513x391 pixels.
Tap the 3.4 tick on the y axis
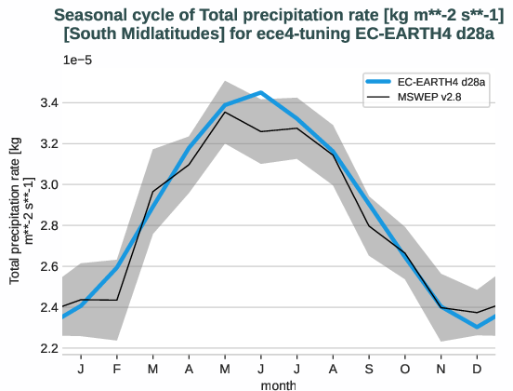46,102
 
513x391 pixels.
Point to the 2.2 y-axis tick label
46,348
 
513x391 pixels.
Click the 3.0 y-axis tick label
46,184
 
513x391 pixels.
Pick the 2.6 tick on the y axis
46,266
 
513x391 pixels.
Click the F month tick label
116,369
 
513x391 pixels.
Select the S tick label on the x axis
370,369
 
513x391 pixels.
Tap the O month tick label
406,369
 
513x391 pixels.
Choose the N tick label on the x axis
442,369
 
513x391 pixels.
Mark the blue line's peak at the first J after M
261,93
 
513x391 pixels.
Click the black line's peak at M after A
225,112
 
